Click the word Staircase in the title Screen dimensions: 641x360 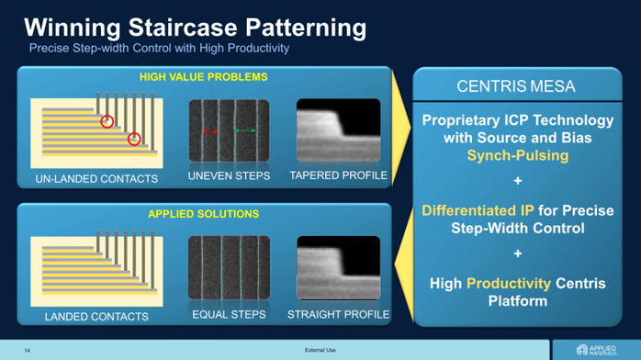click(183, 28)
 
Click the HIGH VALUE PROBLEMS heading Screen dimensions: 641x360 click(204, 77)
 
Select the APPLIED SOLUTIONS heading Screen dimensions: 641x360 click(204, 214)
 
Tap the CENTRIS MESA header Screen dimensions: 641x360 click(516, 86)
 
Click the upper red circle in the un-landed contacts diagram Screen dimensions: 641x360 click(107, 121)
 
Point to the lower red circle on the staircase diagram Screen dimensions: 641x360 click(134, 139)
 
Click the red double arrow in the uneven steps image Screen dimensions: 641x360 click(210, 131)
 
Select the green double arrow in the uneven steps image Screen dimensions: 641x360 click(245, 130)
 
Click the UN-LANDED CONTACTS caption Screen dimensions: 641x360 click(96, 178)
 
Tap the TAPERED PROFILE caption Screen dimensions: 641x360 click(339, 175)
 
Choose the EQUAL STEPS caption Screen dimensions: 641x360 click(229, 314)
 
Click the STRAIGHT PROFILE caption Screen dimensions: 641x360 click(339, 314)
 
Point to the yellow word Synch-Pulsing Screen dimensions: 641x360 click(518, 155)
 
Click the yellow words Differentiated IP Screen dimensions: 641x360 click(478, 210)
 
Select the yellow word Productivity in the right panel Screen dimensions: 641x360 click(509, 283)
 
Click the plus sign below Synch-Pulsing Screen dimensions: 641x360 click(518, 181)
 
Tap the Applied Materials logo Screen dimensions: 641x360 click(596, 350)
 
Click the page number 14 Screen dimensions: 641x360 click(27, 351)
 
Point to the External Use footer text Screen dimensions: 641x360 click(320, 350)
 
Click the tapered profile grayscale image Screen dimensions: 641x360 click(339, 130)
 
